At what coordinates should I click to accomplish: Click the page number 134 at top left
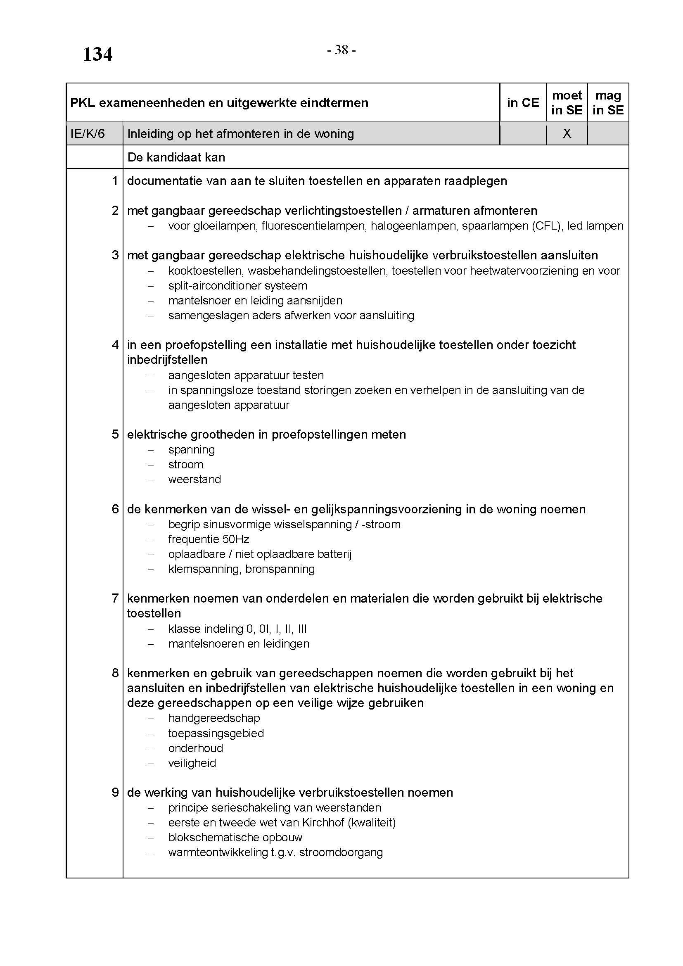[97, 54]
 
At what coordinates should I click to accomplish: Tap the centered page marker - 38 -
[341, 50]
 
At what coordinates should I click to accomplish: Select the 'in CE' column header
[523, 103]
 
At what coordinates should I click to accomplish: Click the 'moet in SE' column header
[567, 103]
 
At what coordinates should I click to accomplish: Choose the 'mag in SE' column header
[608, 103]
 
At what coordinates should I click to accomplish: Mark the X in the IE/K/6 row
[567, 133]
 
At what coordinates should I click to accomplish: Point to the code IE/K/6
[88, 134]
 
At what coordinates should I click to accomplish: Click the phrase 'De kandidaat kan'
[176, 157]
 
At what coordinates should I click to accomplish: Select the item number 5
[115, 434]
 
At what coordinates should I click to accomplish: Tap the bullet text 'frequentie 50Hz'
[209, 539]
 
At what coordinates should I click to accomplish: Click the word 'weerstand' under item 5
[194, 479]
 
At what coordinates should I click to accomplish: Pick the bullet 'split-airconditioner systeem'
[237, 286]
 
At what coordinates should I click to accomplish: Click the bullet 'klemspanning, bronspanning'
[242, 569]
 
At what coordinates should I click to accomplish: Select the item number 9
[115, 793]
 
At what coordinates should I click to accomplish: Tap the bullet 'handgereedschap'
[214, 718]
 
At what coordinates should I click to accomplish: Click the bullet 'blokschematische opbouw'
[235, 837]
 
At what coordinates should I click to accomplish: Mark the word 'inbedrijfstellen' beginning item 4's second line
[167, 360]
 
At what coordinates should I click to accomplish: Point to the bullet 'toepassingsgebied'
[216, 733]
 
